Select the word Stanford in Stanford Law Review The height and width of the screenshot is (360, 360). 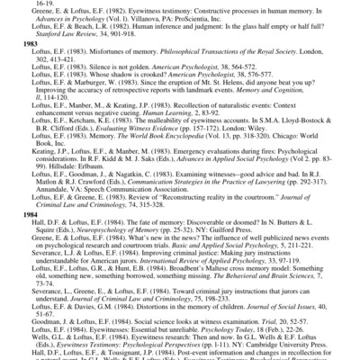click(44, 57)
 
